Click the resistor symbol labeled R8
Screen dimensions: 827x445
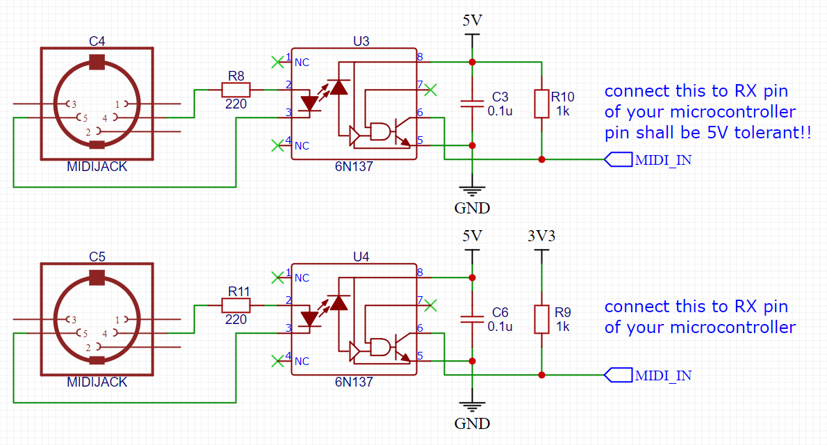pyautogui.click(x=236, y=90)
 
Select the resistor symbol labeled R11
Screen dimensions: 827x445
pyautogui.click(x=236, y=305)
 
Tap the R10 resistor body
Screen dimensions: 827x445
pyautogui.click(x=541, y=104)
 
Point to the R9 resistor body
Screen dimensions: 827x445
pyautogui.click(x=541, y=319)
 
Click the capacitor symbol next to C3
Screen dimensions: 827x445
pyautogui.click(x=472, y=104)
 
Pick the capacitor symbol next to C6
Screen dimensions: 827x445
pyautogui.click(x=472, y=319)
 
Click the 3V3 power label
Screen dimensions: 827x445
pyautogui.click(x=541, y=236)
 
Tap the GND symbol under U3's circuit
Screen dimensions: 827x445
pyautogui.click(x=472, y=191)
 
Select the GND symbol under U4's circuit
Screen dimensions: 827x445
pyautogui.click(x=472, y=407)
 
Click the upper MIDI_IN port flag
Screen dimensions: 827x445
pyautogui.click(x=618, y=159)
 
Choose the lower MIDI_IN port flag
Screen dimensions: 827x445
pyautogui.click(x=618, y=375)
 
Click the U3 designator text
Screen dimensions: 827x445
pyautogui.click(x=361, y=41)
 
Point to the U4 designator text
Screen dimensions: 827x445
pyautogui.click(x=361, y=257)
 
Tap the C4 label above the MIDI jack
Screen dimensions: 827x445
pyautogui.click(x=97, y=41)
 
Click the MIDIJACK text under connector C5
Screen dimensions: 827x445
pyautogui.click(x=97, y=382)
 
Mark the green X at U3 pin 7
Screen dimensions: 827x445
pyautogui.click(x=430, y=90)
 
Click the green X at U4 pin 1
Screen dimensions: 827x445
pyautogui.click(x=277, y=277)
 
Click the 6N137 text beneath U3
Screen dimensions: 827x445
pyautogui.click(x=354, y=166)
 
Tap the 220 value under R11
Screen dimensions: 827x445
pyautogui.click(x=236, y=319)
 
